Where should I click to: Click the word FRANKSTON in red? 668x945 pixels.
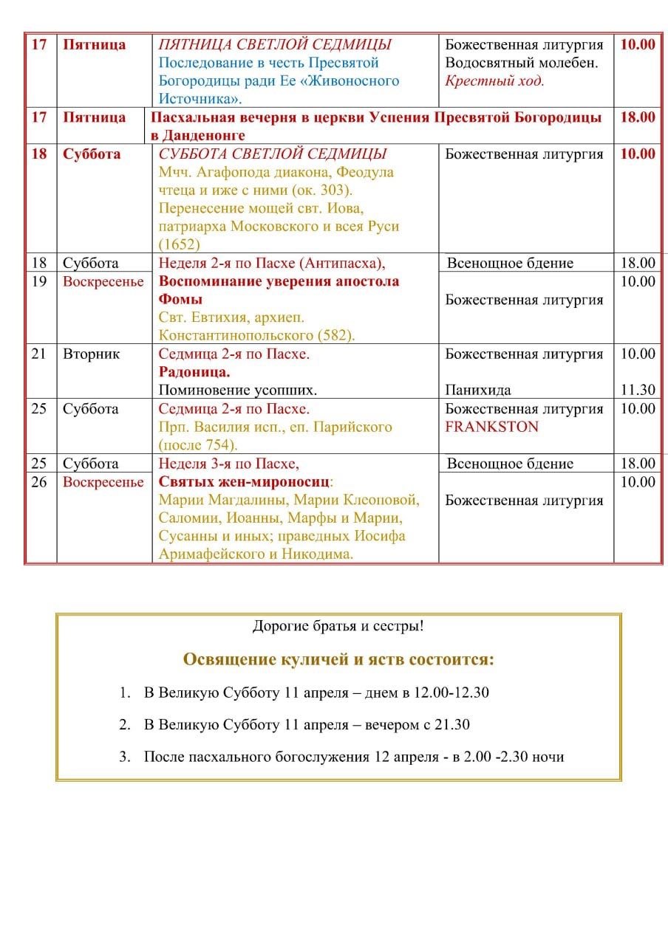(491, 427)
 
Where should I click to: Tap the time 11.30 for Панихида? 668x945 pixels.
(638, 390)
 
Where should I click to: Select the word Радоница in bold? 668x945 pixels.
(194, 372)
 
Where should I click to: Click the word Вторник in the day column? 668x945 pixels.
(91, 354)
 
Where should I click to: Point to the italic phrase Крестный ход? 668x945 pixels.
(494, 80)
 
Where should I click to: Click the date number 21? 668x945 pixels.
(39, 354)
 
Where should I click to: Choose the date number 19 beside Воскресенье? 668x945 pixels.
(39, 281)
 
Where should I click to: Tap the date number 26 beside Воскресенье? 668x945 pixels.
(39, 482)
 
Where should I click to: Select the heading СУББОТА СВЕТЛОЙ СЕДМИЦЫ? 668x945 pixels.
(273, 154)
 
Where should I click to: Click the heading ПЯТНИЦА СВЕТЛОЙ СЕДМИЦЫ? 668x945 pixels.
(275, 44)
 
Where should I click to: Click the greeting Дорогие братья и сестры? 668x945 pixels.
(338, 627)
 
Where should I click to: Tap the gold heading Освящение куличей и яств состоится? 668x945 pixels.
(338, 659)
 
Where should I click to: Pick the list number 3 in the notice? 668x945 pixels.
(124, 757)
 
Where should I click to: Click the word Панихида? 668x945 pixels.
(478, 390)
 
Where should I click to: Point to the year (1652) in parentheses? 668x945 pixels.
(180, 244)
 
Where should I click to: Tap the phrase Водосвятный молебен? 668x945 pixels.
(522, 63)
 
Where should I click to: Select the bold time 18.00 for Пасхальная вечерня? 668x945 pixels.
(637, 117)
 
